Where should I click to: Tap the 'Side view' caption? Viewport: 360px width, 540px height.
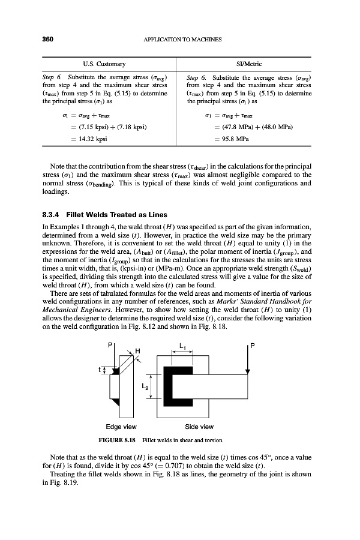click(199, 427)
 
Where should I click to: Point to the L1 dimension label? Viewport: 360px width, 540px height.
click(184, 345)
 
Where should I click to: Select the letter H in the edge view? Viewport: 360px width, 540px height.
click(137, 350)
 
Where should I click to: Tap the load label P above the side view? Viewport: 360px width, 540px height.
click(253, 346)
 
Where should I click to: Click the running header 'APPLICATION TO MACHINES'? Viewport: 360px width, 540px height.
click(183, 40)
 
